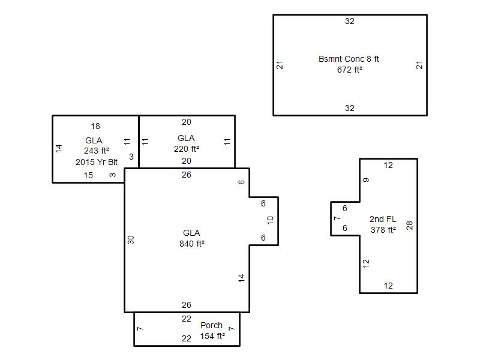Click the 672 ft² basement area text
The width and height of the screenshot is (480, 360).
point(350,70)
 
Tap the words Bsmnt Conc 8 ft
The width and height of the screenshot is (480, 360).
point(349,59)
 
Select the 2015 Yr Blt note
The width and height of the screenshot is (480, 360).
point(97,162)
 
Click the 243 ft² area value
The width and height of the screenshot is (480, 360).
point(97,151)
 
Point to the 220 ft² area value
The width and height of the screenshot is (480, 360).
point(187,149)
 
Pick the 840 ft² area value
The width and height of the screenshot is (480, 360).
point(192,244)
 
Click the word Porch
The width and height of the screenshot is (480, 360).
point(211,325)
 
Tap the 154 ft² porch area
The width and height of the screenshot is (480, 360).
point(212,336)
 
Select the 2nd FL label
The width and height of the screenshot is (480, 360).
point(383,219)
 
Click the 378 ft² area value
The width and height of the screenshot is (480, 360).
point(383,230)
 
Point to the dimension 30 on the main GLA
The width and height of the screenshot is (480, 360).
point(131,239)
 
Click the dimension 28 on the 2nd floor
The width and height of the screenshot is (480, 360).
point(409,226)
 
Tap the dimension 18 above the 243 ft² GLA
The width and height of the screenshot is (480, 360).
point(95,126)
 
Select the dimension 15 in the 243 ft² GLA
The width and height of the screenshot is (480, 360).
point(88,175)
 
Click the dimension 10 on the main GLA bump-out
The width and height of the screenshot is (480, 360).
point(270,220)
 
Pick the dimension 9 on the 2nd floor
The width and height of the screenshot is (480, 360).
point(366,180)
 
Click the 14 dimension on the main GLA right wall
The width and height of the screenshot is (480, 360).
point(242,278)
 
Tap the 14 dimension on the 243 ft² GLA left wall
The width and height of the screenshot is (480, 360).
point(59,148)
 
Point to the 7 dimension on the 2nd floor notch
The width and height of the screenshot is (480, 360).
point(337,218)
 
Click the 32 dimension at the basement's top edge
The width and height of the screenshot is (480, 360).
point(350,21)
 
